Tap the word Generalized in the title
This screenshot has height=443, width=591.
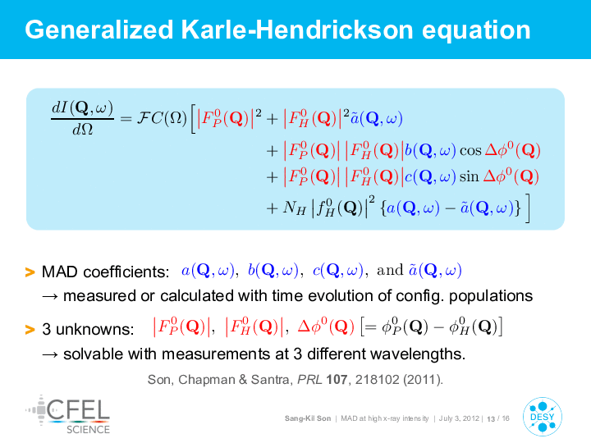[x=99, y=30]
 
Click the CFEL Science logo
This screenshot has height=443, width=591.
[x=68, y=414]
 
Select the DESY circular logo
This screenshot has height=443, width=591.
[x=542, y=417]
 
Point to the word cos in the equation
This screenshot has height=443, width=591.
[x=470, y=151]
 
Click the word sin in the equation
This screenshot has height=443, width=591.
[x=469, y=176]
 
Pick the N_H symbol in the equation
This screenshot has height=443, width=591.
[x=295, y=208]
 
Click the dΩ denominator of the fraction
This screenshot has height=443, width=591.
[x=83, y=130]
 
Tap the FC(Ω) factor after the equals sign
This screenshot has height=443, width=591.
[x=162, y=118]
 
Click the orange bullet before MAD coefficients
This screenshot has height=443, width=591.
[x=30, y=272]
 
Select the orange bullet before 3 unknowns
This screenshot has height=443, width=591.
[x=30, y=330]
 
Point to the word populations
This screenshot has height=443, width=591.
[x=491, y=296]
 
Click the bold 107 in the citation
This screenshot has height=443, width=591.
[x=337, y=379]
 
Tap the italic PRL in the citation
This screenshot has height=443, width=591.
[x=309, y=379]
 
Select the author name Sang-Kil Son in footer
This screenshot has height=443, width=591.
[x=308, y=418]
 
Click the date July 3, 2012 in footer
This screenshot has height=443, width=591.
[x=459, y=418]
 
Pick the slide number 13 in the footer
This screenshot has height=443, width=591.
[x=491, y=419]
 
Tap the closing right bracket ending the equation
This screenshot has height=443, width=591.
[x=527, y=208]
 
